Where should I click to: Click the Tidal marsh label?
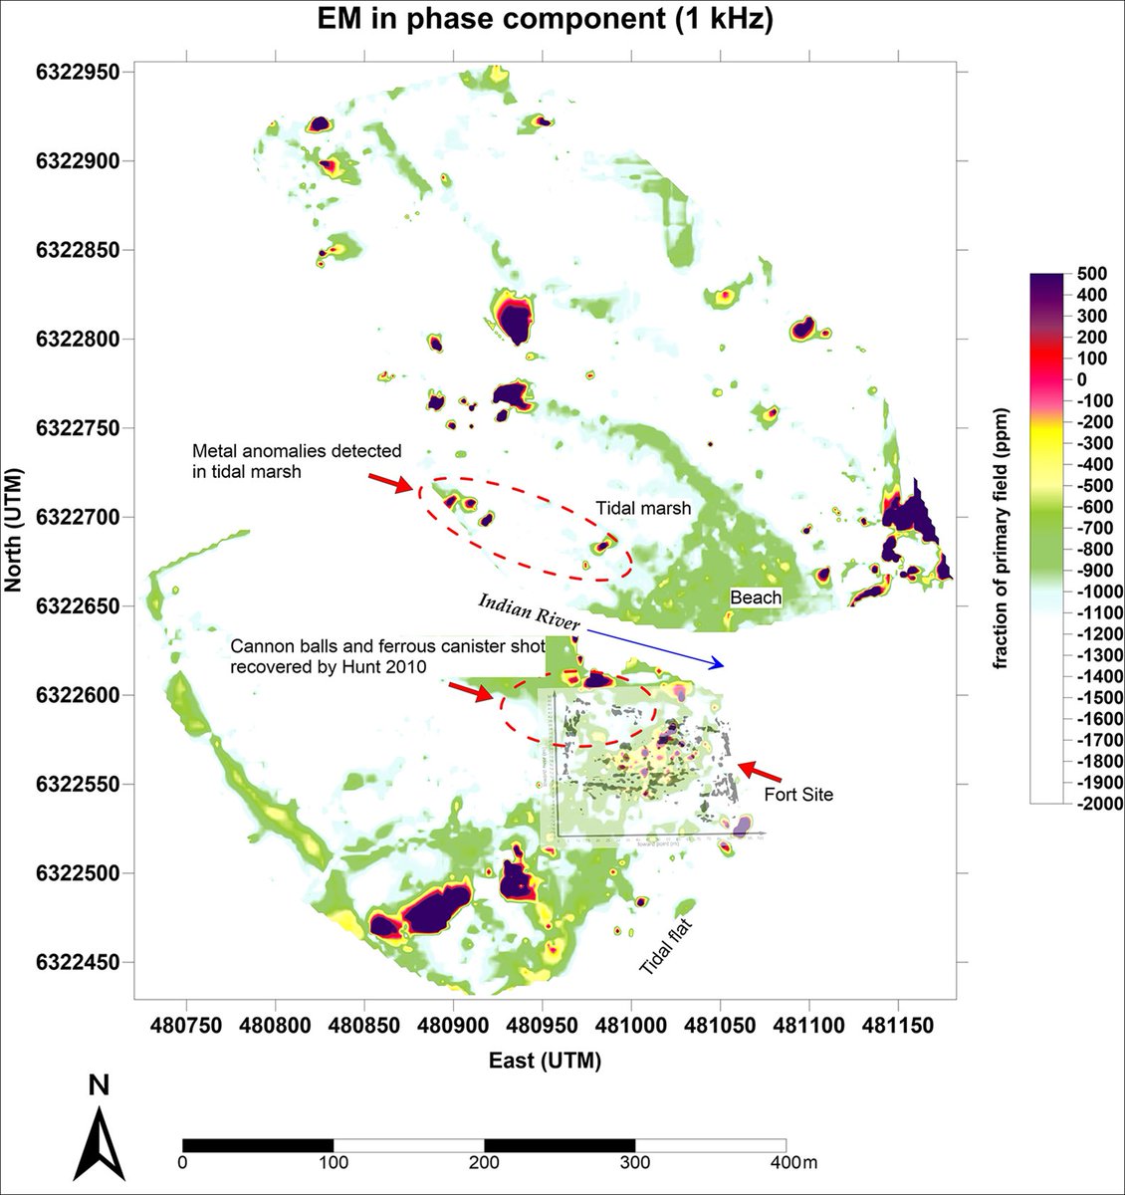pyautogui.click(x=643, y=508)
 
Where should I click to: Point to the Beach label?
pyautogui.click(x=756, y=597)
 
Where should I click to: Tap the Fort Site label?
pyautogui.click(x=798, y=795)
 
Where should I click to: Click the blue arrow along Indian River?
pyautogui.click(x=657, y=647)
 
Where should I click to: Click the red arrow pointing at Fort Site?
pyautogui.click(x=760, y=771)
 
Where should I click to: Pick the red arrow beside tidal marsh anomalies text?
pyautogui.click(x=390, y=483)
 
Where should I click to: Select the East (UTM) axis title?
pyautogui.click(x=545, y=1062)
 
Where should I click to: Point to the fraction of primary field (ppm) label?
pyautogui.click(x=1003, y=538)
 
